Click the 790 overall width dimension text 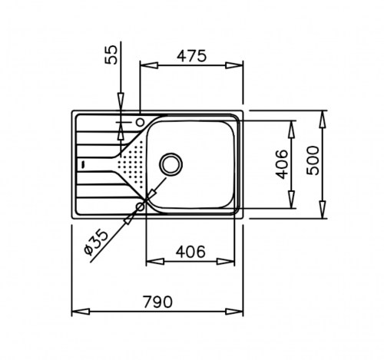pos(157,302)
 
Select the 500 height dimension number pos(313,160)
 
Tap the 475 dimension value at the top pos(191,56)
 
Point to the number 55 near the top pos(111,54)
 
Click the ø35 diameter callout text pos(96,242)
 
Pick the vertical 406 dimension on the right pos(281,164)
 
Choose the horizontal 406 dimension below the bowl pos(190,252)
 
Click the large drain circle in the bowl pos(170,164)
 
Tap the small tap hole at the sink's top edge pos(140,122)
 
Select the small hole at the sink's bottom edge pos(141,206)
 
